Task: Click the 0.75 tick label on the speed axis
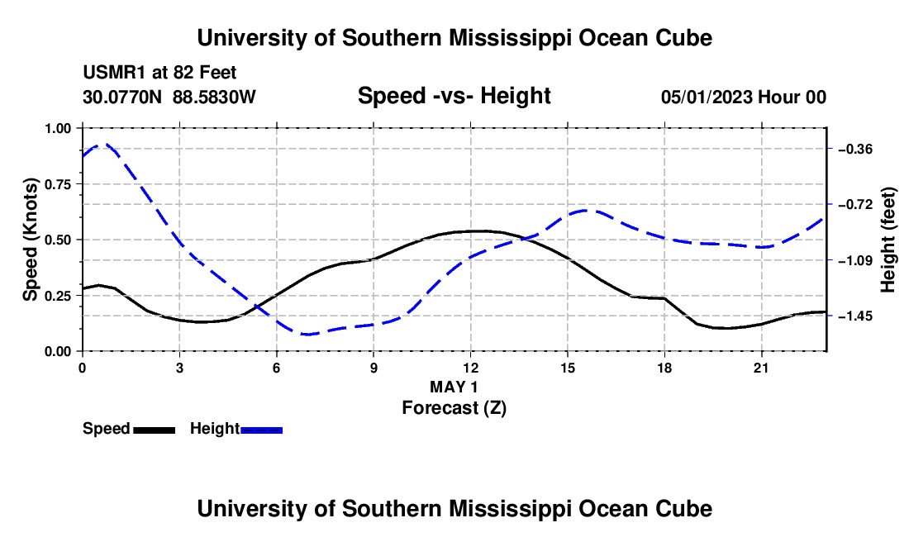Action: (x=58, y=184)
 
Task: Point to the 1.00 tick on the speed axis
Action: (x=58, y=128)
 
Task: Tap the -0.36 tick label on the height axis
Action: (x=855, y=150)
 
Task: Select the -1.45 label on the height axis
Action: (x=855, y=316)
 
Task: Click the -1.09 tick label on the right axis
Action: (x=855, y=261)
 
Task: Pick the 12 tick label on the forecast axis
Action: (x=471, y=368)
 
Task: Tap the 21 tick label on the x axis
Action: (x=761, y=368)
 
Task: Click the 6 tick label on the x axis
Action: (x=277, y=368)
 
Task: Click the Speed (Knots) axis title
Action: (x=30, y=240)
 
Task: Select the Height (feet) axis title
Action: (x=888, y=240)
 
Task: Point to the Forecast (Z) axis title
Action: (x=454, y=408)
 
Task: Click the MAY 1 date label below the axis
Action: (x=454, y=387)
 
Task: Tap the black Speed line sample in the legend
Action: (x=155, y=430)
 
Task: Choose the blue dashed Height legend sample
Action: (x=261, y=430)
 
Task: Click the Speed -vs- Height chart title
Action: (x=454, y=96)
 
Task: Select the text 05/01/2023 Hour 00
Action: (x=744, y=97)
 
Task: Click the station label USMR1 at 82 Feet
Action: (x=160, y=73)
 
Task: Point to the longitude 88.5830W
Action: (x=214, y=97)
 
